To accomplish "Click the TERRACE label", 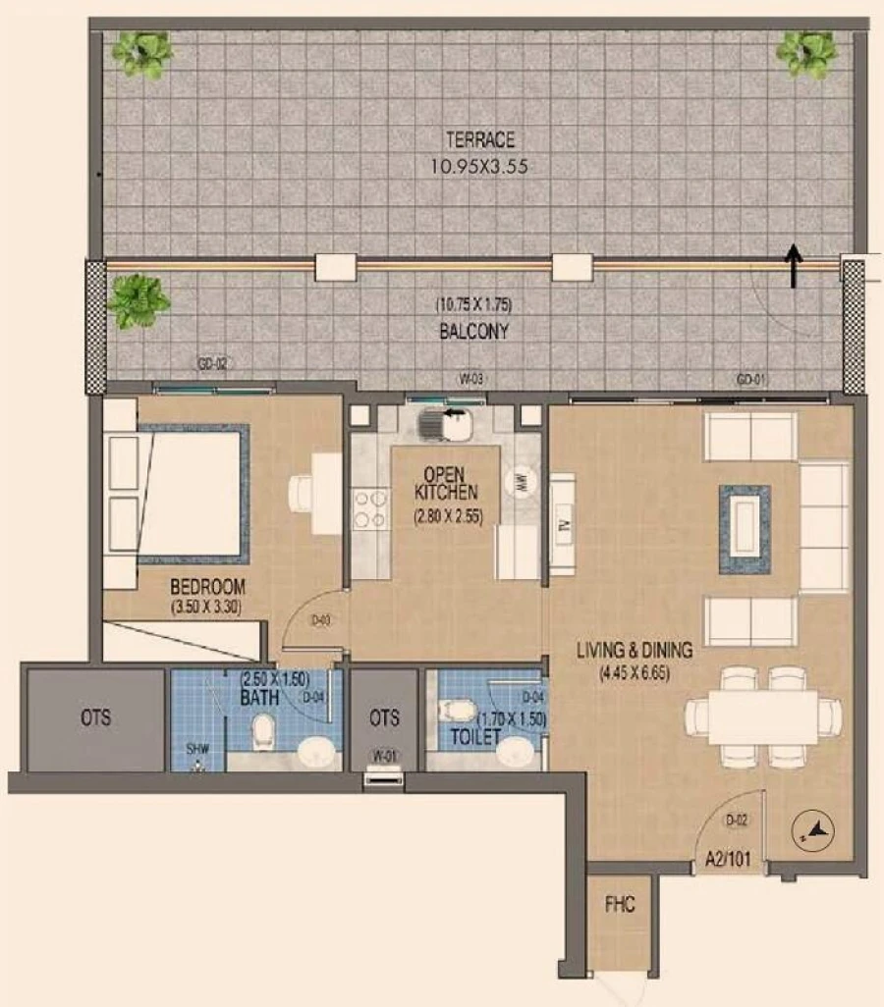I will click(x=478, y=141).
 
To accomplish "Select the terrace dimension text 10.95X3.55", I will click(x=478, y=167).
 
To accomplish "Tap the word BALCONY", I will click(x=473, y=332).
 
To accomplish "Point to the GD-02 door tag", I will click(x=212, y=364).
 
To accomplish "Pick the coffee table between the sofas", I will click(x=745, y=529).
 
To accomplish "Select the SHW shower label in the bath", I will click(x=198, y=750).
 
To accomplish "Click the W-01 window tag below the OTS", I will click(x=383, y=757).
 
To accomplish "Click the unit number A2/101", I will click(x=728, y=863).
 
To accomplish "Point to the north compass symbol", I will click(x=814, y=832).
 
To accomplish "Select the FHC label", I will click(x=620, y=905).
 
